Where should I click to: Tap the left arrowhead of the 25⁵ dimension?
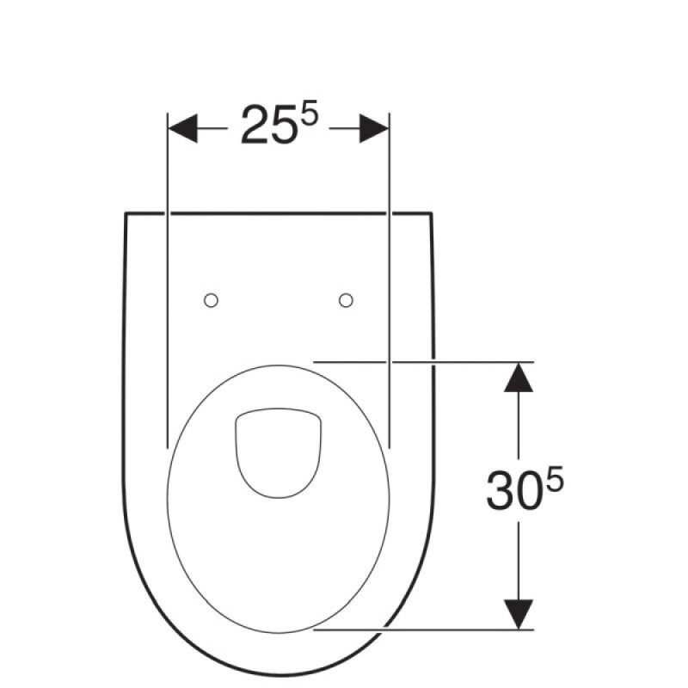click(183, 128)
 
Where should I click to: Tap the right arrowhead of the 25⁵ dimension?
click(374, 128)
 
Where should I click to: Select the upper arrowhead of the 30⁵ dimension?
click(519, 377)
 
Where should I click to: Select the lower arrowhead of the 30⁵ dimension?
click(519, 614)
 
